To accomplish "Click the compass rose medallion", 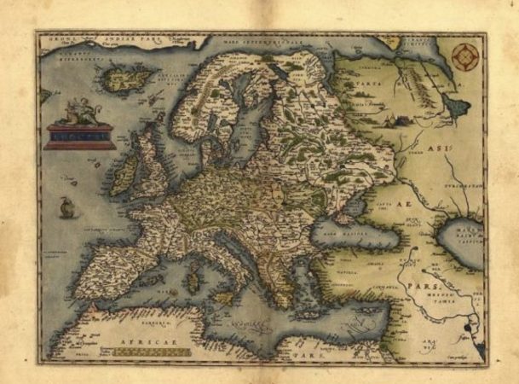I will coord(464,57).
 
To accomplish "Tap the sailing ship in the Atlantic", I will coord(66,207).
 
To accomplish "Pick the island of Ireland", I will coord(123,173).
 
